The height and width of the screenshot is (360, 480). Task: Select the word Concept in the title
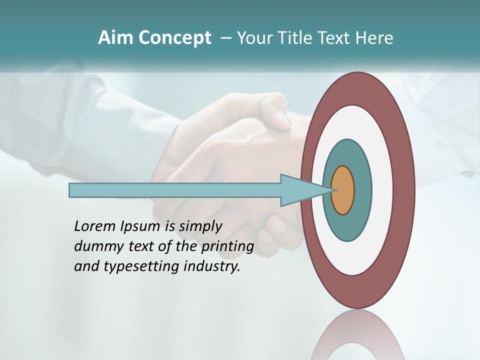coord(174,38)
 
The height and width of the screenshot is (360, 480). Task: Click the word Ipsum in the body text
coord(140,227)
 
